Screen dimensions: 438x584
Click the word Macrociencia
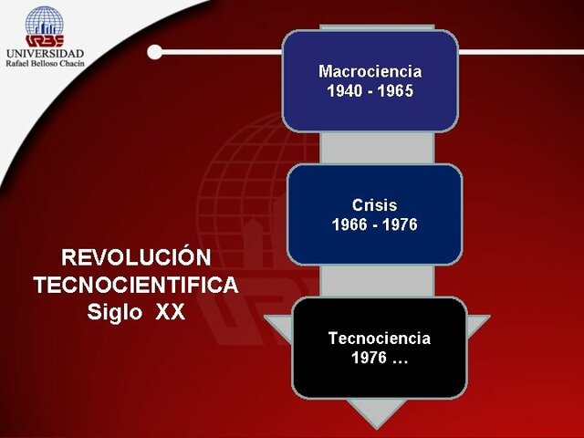pos(370,71)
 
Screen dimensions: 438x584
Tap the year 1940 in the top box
pos(344,91)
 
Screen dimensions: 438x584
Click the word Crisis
pos(374,205)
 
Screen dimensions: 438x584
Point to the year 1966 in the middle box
pos(349,224)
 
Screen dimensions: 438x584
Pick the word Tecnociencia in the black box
pos(379,339)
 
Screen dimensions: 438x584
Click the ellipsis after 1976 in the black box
pos(399,359)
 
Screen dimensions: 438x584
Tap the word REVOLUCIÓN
pos(135,257)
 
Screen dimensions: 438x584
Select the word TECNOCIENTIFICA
pos(135,285)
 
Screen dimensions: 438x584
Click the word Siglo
pos(115,312)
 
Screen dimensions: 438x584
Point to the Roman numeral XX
pos(170,312)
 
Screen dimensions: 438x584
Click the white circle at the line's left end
pos(154,52)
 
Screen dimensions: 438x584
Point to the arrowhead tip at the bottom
pos(376,424)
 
